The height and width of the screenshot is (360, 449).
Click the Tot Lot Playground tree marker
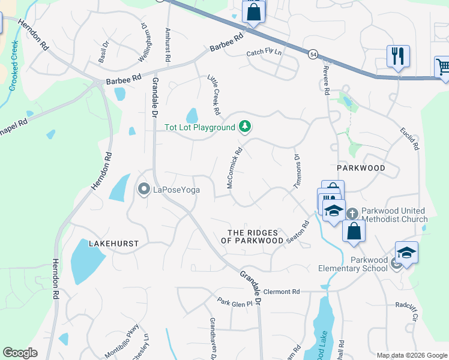[244, 127]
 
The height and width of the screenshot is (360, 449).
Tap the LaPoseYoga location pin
[144, 190]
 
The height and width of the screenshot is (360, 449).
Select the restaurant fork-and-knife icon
[398, 56]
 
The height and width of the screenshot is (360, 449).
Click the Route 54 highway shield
[313, 55]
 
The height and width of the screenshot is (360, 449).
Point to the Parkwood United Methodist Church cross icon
[352, 212]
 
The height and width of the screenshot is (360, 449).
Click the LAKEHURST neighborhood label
[113, 244]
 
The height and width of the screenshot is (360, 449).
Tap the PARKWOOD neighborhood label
[360, 168]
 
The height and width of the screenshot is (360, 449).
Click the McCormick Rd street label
[234, 170]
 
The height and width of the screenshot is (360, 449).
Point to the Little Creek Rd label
[214, 95]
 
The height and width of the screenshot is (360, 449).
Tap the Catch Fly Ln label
[264, 53]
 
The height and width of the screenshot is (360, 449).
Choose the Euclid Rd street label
[410, 137]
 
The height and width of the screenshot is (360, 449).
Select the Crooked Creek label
[14, 66]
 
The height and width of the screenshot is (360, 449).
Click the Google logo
[20, 353]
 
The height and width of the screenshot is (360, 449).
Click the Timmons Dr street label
[297, 172]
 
